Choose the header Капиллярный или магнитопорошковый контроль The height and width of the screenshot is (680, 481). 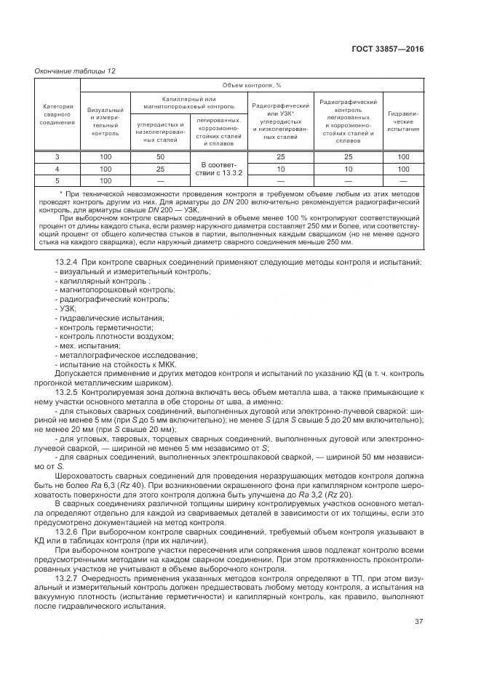click(x=189, y=103)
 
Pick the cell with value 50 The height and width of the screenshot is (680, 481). click(x=159, y=157)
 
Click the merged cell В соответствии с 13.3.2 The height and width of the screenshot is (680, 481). click(x=218, y=169)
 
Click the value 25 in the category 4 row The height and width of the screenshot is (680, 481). click(x=159, y=169)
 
